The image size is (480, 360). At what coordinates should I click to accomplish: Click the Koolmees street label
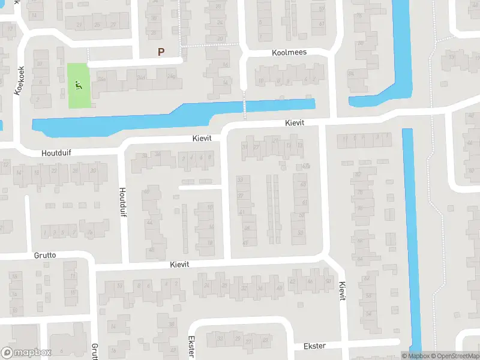pos(289,52)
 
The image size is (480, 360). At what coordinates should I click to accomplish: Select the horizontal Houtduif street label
pos(56,153)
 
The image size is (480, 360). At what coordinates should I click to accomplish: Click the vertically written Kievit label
pos(342,292)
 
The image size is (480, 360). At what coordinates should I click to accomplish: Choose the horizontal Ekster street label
pos(314,346)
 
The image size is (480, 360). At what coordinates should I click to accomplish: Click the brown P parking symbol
pos(161,52)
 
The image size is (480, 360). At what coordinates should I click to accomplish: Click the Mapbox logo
pos(26,353)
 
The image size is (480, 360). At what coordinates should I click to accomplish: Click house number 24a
pos(102,79)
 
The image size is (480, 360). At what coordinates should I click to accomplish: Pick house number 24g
pos(172,76)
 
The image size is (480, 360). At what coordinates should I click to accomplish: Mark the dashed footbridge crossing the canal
pos(245,106)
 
